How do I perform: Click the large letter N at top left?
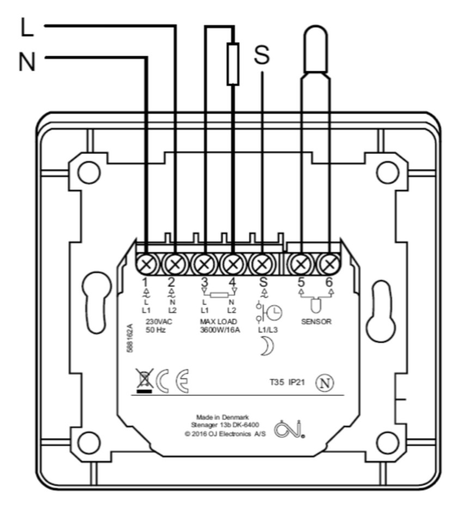27,61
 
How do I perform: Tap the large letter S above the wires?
262,55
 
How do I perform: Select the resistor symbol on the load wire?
233,64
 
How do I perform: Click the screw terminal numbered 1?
146,265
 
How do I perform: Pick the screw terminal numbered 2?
175,265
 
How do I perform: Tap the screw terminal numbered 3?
204,265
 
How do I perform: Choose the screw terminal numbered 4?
233,265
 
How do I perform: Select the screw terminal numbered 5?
300,265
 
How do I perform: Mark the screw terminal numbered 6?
328,265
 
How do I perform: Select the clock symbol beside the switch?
274,313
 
